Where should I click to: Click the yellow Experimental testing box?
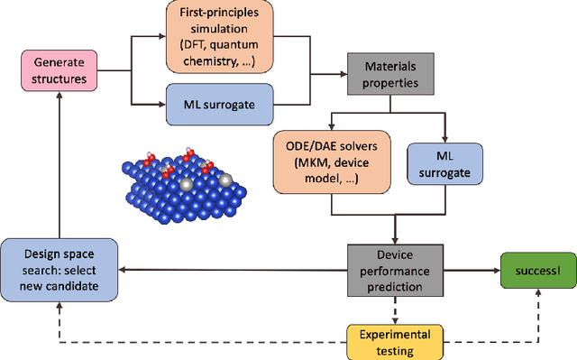[391, 339]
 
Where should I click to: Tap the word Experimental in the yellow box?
[391, 332]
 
